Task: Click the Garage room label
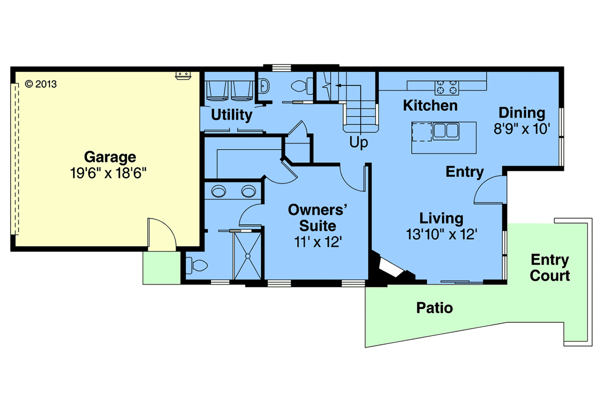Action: (110, 157)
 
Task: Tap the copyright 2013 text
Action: (41, 84)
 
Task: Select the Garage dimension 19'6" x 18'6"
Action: (108, 173)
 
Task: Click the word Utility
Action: (232, 115)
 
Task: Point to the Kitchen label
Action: (430, 106)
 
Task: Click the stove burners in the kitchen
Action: (446, 87)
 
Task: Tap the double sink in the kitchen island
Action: (446, 131)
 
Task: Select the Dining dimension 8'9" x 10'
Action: (522, 129)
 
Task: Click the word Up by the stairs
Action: (358, 142)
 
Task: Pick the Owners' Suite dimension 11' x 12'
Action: (318, 242)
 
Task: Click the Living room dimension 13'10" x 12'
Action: (442, 234)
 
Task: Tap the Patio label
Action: (434, 308)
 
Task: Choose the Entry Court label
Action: (550, 268)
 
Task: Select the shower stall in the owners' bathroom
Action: (248, 255)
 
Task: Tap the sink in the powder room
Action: (263, 86)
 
